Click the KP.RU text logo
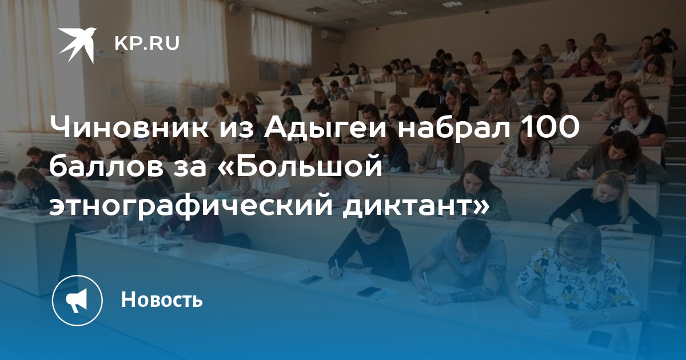tap(147, 43)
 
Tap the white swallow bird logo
tap(77, 45)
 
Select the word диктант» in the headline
tap(415, 204)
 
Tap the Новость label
tap(162, 299)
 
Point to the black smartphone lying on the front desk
tap(369, 291)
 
